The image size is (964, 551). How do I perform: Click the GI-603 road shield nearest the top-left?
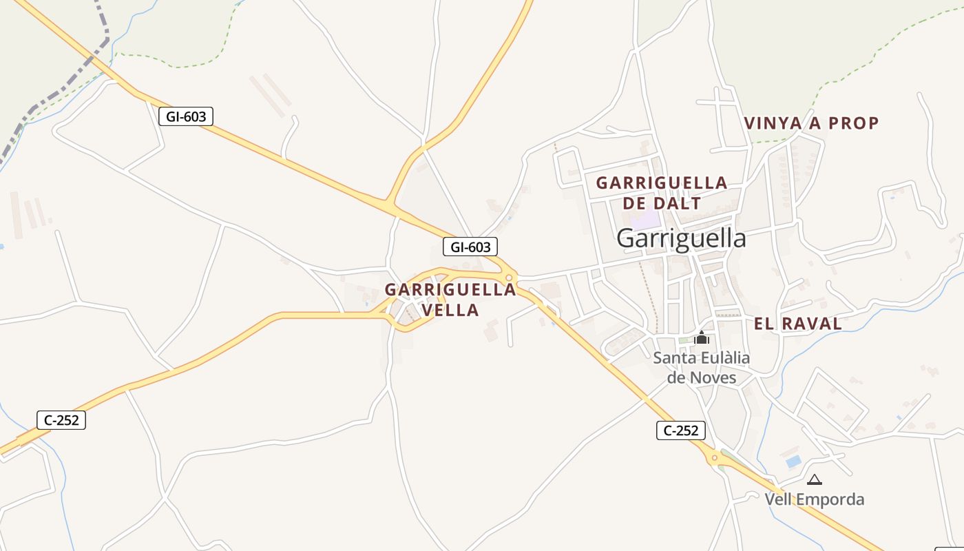coord(186,116)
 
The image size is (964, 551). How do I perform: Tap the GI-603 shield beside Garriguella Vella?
coord(470,247)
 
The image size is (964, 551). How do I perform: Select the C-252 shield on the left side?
coord(61,419)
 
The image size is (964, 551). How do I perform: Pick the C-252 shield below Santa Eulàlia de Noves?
coord(681,430)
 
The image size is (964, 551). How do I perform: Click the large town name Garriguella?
coord(681,238)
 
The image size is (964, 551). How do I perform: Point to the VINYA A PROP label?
coord(811,123)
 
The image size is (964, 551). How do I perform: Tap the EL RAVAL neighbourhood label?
coord(797,324)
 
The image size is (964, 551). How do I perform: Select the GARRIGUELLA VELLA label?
coord(450,300)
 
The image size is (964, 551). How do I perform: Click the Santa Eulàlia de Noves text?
coord(702,368)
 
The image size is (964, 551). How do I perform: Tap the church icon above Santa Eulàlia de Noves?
coord(702,337)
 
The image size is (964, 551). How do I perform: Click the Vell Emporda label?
coord(814,499)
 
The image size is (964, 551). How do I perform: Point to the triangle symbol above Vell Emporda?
coord(815,479)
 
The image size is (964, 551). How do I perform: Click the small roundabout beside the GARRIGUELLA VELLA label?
coord(509,278)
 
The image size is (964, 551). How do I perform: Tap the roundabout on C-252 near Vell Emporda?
coord(714,457)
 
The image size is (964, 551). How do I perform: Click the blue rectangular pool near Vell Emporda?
coord(793,460)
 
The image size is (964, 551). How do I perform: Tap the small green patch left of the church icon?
coord(683,340)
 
